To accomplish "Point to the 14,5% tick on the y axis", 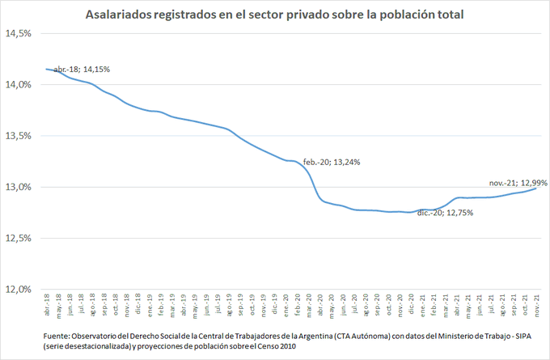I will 18,34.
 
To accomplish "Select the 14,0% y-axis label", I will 18,85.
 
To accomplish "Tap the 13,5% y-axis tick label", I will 18,136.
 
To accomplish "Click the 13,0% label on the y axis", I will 18,187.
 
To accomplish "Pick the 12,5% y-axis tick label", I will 18,238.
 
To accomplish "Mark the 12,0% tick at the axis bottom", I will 18,289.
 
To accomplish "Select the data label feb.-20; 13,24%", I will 332,162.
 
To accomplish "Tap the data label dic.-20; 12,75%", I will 445,214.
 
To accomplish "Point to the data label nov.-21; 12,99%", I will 518,182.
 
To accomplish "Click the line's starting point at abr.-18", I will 46,70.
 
